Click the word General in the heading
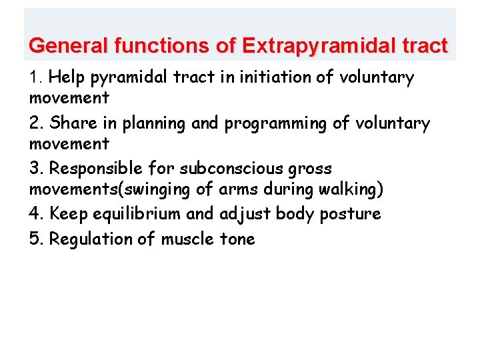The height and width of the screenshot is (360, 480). [x=69, y=46]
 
